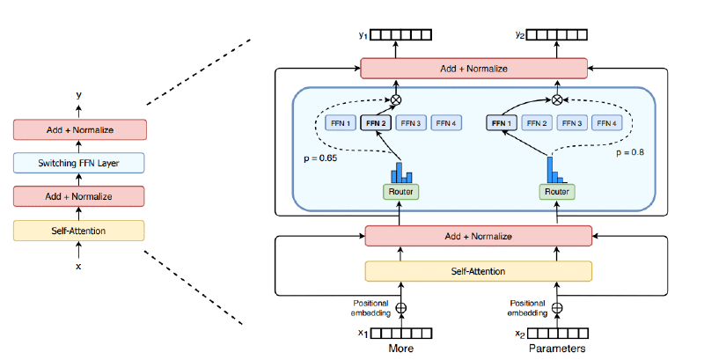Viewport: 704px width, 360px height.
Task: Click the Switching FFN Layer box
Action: tap(80, 163)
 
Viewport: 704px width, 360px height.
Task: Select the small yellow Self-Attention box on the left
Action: tap(80, 230)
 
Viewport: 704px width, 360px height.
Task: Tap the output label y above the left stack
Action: tap(78, 94)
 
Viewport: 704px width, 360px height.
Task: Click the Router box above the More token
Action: tap(402, 190)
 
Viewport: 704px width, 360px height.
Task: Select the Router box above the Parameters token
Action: tap(556, 190)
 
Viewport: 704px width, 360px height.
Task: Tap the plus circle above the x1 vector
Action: tap(402, 309)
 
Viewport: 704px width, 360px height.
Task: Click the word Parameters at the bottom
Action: tap(556, 349)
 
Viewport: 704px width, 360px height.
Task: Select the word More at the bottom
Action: tap(402, 349)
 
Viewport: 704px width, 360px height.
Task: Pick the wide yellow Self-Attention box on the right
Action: tap(479, 271)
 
